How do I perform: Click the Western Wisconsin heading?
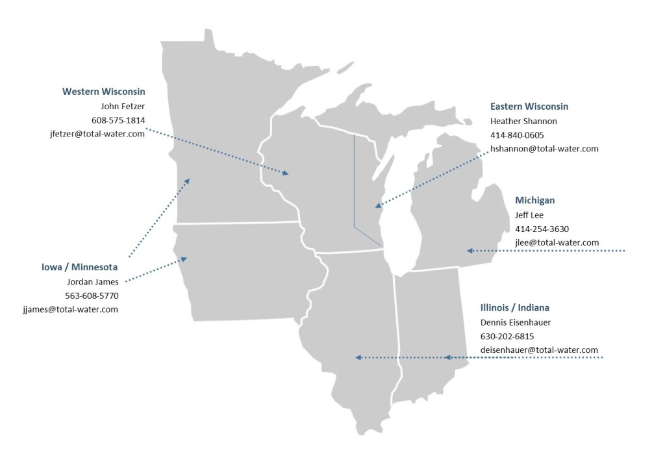point(104,92)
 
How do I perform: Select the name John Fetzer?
point(123,106)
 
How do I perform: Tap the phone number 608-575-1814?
point(118,120)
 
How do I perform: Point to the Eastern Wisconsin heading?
point(529,106)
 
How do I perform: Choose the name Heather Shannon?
point(523,121)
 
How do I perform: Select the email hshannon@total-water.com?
point(544,149)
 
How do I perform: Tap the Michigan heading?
point(535,200)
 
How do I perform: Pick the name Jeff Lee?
point(529,214)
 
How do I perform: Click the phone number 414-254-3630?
point(542,229)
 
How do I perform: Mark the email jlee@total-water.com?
point(557,242)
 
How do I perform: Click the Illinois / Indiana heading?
point(520,307)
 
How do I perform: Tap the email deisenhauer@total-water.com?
point(539,350)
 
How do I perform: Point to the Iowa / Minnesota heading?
point(80,267)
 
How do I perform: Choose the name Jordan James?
point(93,281)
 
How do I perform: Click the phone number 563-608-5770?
point(92,296)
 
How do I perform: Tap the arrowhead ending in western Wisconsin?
point(285,173)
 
